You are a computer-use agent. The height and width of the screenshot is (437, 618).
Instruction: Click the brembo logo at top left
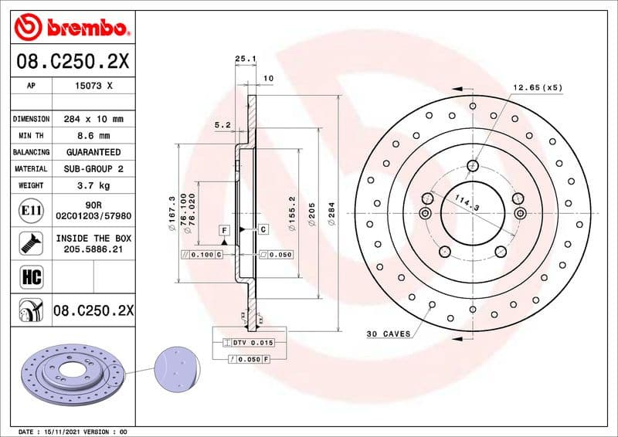click(x=70, y=29)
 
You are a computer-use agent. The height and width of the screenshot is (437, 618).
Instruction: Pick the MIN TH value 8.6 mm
click(x=94, y=136)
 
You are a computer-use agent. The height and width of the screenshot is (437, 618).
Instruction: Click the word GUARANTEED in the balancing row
click(x=93, y=152)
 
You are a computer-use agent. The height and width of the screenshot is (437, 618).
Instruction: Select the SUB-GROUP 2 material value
click(x=94, y=168)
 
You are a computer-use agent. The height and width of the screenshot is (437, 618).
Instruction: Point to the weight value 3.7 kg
click(x=93, y=185)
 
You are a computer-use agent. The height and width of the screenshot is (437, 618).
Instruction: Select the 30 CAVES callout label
click(x=388, y=334)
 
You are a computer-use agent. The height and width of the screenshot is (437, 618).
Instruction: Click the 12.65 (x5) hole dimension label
click(x=537, y=87)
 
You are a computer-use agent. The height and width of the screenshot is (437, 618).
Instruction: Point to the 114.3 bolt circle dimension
click(x=466, y=204)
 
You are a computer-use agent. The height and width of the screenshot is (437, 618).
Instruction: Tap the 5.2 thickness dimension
click(x=223, y=124)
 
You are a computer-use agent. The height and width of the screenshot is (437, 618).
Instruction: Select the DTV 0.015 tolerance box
click(x=248, y=342)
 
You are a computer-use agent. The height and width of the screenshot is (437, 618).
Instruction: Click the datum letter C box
click(x=263, y=229)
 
